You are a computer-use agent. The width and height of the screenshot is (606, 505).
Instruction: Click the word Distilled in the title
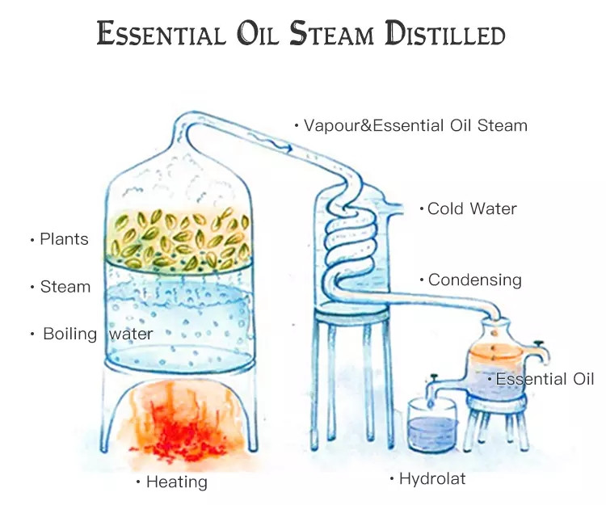click(444, 34)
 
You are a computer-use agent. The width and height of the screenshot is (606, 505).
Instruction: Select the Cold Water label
click(472, 208)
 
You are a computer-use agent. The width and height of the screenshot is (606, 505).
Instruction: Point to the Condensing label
click(474, 280)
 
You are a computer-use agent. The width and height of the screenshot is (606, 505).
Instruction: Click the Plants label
click(64, 239)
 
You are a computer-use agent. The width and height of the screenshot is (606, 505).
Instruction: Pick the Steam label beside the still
click(65, 287)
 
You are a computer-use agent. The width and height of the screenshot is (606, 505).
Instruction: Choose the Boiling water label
click(97, 334)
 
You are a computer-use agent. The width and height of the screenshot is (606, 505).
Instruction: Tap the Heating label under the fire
click(176, 482)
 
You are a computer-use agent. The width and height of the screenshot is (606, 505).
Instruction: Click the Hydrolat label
click(432, 479)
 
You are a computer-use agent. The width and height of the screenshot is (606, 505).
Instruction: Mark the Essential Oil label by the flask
click(545, 379)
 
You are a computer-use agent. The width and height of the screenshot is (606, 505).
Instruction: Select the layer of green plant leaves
click(179, 238)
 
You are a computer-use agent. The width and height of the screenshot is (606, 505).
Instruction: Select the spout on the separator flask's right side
click(540, 352)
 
